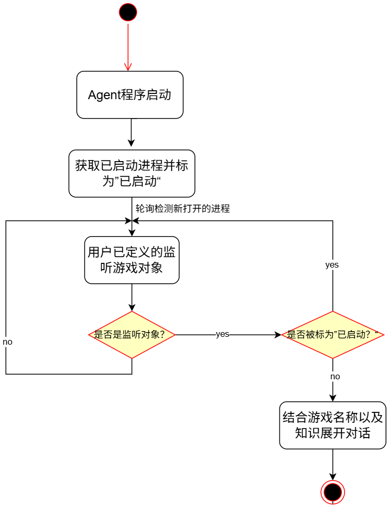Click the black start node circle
tap(128, 12)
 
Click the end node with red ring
tap(332, 492)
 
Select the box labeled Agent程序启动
tap(130, 95)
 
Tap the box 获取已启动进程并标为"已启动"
tap(132, 174)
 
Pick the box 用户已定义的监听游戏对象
tap(132, 260)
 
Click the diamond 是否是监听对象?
tap(132, 335)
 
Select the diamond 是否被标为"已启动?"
tap(333, 335)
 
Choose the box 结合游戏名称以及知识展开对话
tap(333, 425)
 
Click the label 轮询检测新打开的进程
tap(183, 208)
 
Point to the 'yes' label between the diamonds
tap(223, 334)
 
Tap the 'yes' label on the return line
tap(332, 265)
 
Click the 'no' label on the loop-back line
tap(7, 342)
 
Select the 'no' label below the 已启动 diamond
tap(335, 377)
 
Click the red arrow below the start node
tap(128, 47)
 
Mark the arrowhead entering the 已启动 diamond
tap(278, 335)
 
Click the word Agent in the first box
tap(103, 95)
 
